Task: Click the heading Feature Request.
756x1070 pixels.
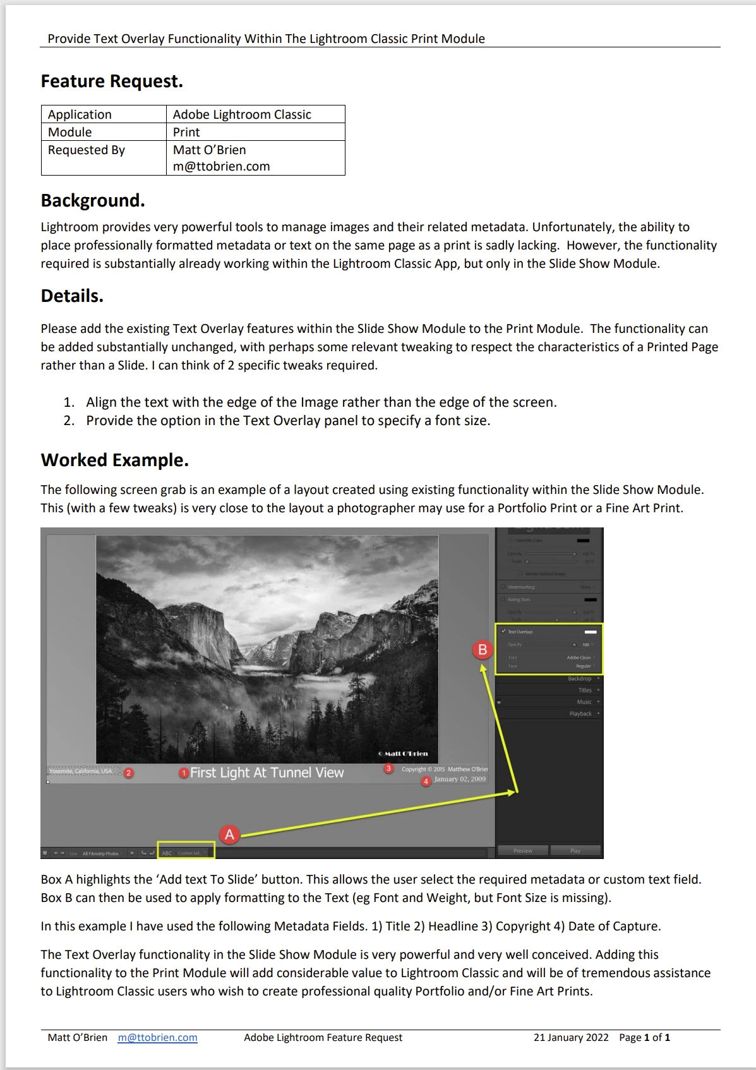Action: pos(112,81)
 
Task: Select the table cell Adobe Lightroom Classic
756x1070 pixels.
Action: pos(242,114)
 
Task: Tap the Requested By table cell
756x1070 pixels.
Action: pos(87,150)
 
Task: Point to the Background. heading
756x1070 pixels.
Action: pos(93,200)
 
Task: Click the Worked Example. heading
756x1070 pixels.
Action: pos(114,460)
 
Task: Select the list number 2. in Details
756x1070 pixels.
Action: pos(69,421)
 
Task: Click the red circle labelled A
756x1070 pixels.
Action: pos(229,834)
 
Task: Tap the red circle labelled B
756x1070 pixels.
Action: pos(483,650)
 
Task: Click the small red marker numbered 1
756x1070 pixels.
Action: pos(184,773)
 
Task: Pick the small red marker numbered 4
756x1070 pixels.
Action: pos(426,781)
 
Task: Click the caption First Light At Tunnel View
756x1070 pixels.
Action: pos(267,772)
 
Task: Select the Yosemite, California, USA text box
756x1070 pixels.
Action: pos(81,771)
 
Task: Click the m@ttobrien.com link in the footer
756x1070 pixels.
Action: pos(157,1037)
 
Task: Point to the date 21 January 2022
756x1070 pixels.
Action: pos(571,1037)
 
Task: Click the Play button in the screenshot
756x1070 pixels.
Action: pos(575,851)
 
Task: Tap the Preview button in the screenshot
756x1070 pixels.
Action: pos(523,851)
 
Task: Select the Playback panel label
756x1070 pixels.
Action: pos(580,714)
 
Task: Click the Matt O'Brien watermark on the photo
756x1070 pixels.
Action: pos(403,754)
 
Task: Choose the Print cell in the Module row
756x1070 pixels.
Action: pos(186,132)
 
